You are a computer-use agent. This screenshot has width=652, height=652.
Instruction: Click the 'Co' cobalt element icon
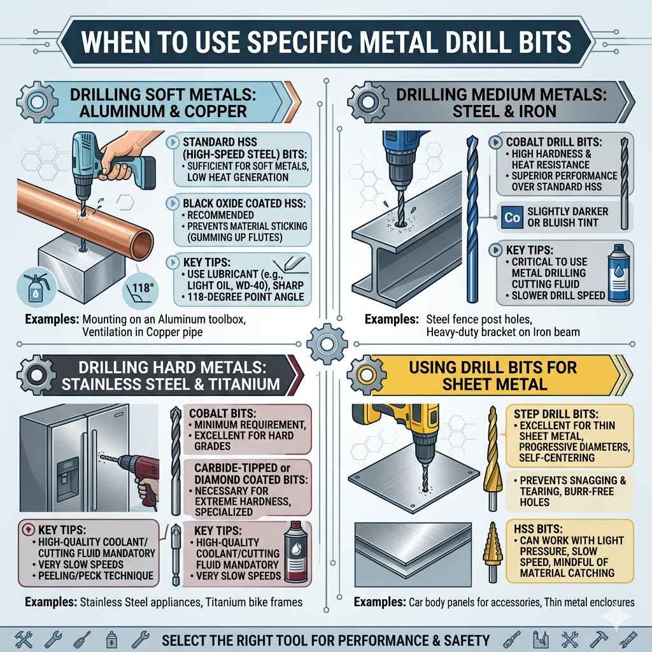511,217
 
